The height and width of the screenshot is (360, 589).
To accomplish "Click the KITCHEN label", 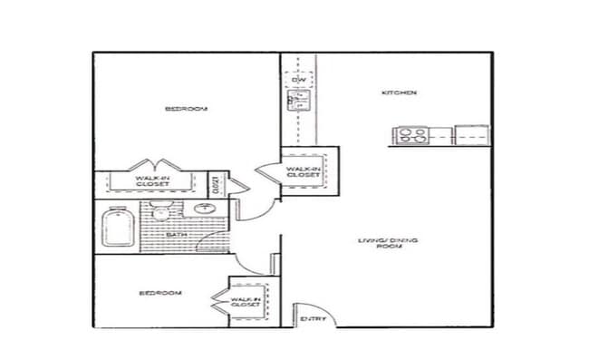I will [x=398, y=93].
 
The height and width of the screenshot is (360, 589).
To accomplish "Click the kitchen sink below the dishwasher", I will [x=297, y=101].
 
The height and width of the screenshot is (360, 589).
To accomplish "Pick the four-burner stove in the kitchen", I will [x=411, y=135].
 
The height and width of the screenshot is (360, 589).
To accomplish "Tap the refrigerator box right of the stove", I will [x=471, y=135].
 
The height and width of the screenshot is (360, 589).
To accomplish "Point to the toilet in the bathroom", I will [x=162, y=214].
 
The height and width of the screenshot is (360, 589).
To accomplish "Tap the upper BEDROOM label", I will [x=186, y=109].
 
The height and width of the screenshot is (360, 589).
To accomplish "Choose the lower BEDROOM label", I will [x=159, y=293].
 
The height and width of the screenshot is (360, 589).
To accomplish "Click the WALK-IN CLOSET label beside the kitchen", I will [x=304, y=171].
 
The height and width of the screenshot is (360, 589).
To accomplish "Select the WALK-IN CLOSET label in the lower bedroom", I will [x=245, y=302].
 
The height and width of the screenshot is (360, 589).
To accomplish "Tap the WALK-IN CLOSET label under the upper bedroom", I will [x=152, y=181].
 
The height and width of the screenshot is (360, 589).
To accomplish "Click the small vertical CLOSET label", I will [x=216, y=184].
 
